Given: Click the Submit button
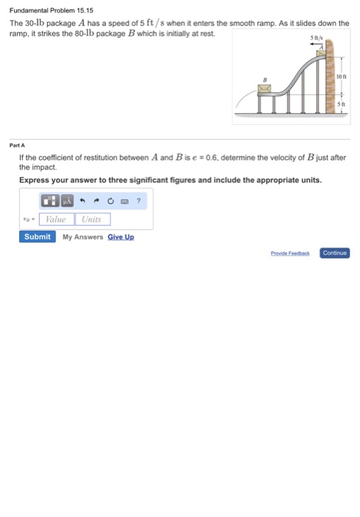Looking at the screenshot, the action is pos(37,236).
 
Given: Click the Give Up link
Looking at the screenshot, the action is pos(120,237).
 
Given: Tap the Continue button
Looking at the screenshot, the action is pos(334,253).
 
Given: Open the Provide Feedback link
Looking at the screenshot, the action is pos(290,253).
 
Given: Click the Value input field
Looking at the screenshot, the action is pos(56,219).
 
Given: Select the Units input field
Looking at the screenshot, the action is pos(92,219).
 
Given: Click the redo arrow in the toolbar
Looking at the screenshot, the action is pos(97,200).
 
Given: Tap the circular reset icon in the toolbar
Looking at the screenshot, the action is pos(111,200).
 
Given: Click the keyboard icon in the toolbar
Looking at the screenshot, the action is pos(124,200).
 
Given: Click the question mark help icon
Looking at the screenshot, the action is pos(138,200).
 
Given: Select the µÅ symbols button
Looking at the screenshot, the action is pos(67,200).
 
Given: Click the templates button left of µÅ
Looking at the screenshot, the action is pos(50,200).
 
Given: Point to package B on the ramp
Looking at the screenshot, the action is pos(264,88).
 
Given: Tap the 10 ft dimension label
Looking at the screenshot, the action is pos(340,76).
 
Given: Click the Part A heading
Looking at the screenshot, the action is pos(17,145).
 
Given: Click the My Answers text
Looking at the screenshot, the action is pos(82,237).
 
